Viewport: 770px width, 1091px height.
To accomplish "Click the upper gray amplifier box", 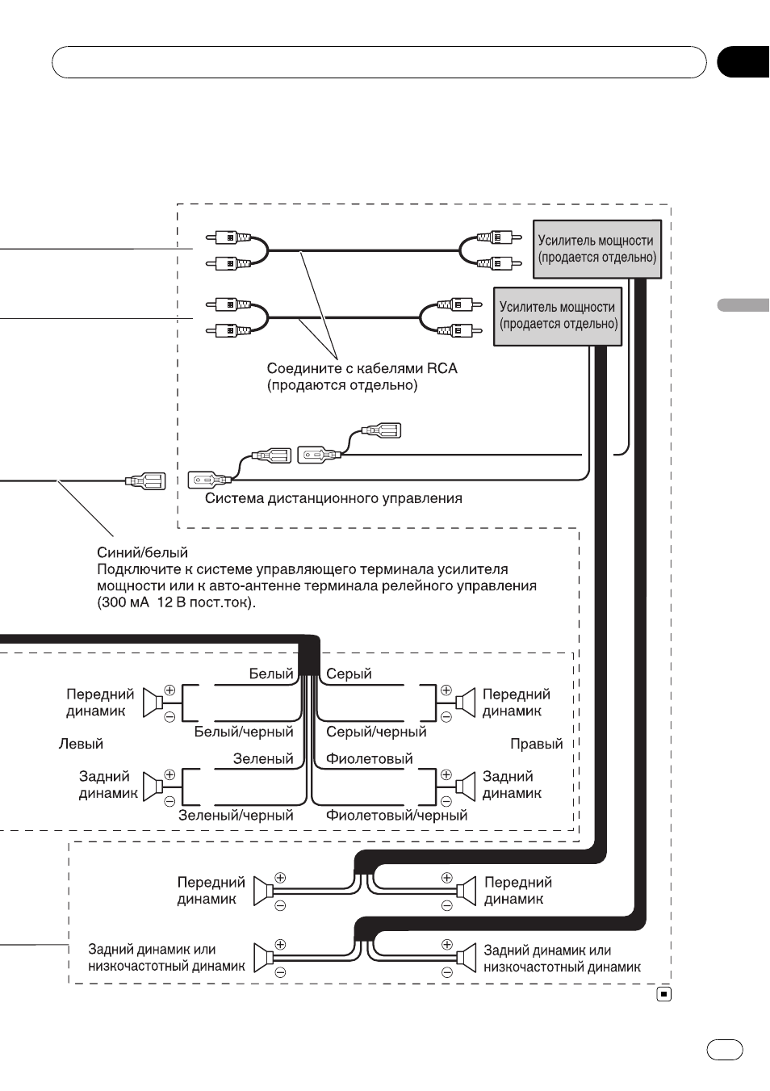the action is (596, 249).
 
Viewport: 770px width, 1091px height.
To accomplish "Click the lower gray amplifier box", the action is (558, 316).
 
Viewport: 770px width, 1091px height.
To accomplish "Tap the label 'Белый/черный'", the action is (244, 732).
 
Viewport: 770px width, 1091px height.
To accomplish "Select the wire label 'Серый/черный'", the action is (376, 732).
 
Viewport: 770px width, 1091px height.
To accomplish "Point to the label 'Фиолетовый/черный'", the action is (396, 815).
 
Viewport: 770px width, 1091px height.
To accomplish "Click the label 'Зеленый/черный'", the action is (236, 815).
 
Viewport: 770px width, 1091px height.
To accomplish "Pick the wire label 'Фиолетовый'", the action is (370, 758).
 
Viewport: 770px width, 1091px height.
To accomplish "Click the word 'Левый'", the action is (81, 744).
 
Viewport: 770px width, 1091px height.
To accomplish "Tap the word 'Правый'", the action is (537, 744).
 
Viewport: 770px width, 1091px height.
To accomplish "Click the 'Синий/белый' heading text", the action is (142, 552).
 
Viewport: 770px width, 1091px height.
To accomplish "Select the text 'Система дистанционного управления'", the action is (333, 498).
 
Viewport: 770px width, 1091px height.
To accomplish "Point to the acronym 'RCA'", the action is (442, 368).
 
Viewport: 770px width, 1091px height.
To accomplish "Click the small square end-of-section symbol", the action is (664, 994).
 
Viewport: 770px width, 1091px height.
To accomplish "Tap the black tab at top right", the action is (743, 62).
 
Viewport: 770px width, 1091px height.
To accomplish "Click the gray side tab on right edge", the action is (743, 305).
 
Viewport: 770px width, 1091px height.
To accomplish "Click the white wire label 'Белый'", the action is (271, 673).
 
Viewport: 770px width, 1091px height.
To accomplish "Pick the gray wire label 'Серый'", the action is (349, 673).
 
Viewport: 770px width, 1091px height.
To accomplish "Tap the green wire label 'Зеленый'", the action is (263, 758).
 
